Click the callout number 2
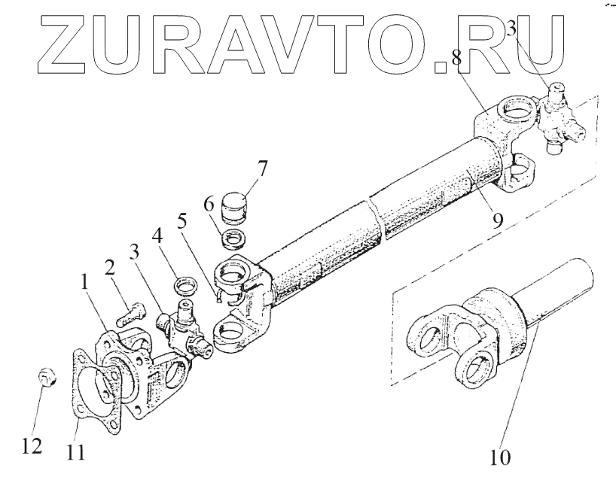coord(110,269)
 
